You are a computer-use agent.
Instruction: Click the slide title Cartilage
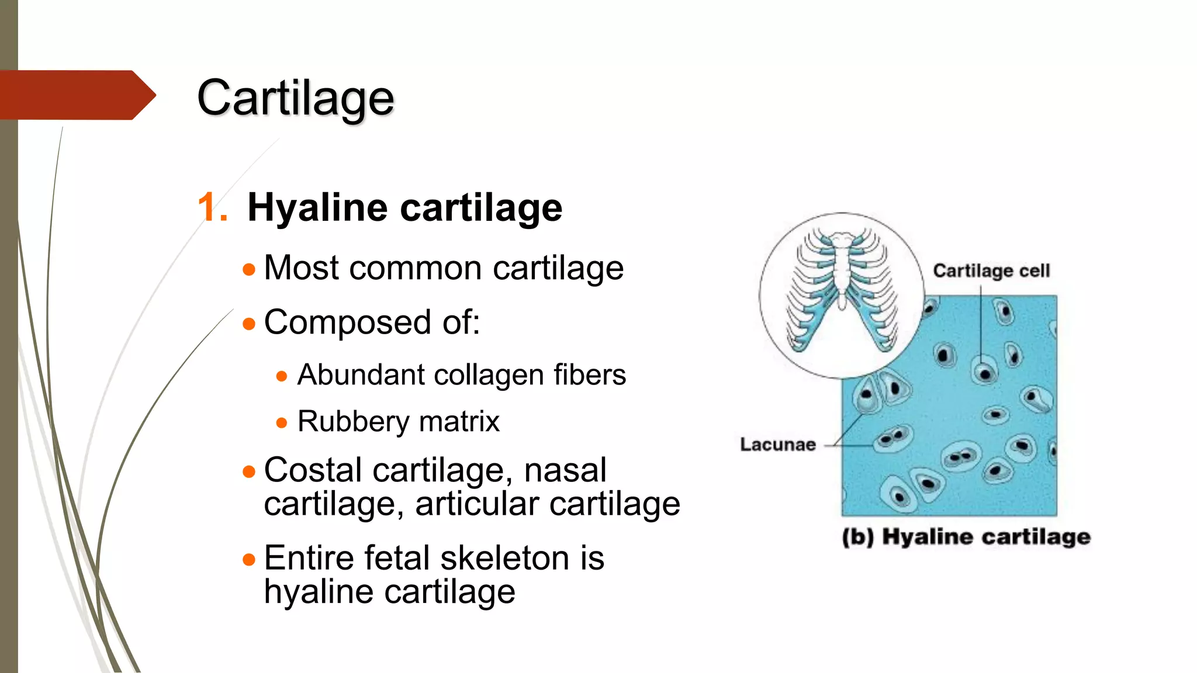[x=295, y=98]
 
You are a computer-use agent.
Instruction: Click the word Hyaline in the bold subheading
[x=317, y=208]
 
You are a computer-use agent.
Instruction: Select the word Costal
[x=313, y=470]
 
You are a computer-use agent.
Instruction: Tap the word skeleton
[x=504, y=558]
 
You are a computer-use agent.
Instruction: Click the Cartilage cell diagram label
[x=991, y=271]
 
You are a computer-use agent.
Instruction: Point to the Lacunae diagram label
[x=777, y=445]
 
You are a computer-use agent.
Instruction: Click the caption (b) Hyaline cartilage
[x=966, y=537]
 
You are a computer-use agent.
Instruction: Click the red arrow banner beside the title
[x=73, y=95]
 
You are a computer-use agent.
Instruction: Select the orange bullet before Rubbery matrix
[x=282, y=422]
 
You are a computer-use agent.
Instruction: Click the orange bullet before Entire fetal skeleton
[x=249, y=560]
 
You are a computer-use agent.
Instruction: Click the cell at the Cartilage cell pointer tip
[x=984, y=372]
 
